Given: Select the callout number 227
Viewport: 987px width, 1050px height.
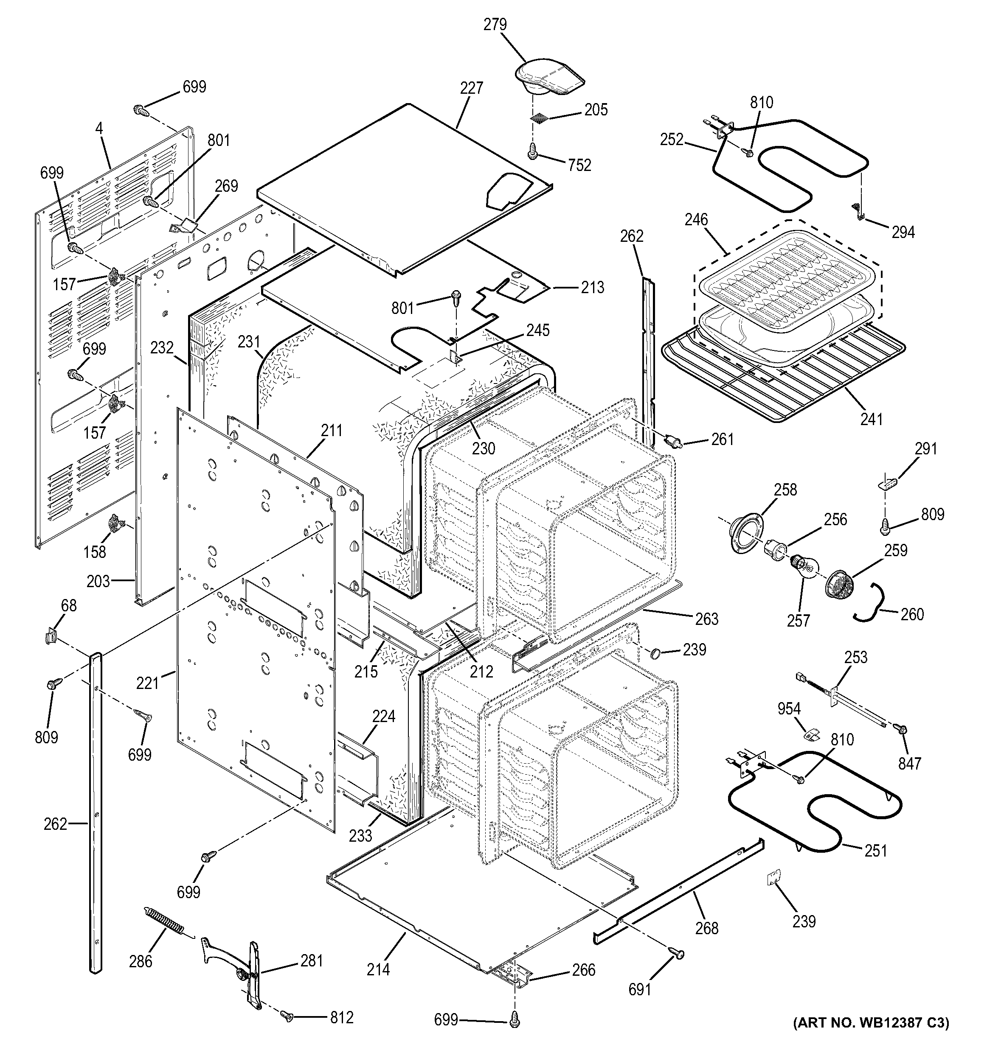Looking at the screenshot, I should coord(471,88).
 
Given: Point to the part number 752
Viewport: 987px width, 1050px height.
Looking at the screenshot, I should coord(579,165).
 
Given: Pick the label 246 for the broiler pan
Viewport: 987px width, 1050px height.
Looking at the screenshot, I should coord(696,220).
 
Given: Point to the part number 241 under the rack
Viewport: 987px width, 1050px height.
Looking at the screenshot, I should coord(871,420).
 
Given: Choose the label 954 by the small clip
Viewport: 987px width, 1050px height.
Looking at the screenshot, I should coord(789,709).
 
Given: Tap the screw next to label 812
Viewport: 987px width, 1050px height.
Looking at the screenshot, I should coord(287,1016).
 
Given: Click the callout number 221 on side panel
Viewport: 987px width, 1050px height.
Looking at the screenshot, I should coord(147,683).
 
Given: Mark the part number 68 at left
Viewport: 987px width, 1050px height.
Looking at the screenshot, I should coord(69,606).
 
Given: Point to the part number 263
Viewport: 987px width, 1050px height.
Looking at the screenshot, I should coord(707,619).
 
